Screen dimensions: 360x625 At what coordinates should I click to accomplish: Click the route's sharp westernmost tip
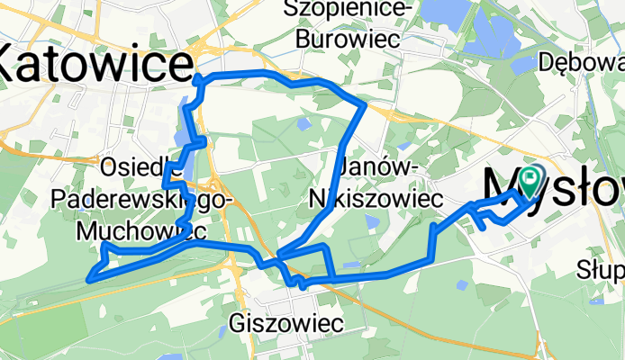click(88, 279)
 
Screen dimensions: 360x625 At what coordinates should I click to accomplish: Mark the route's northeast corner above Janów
click(362, 105)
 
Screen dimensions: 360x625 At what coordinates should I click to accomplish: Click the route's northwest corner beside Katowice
click(197, 78)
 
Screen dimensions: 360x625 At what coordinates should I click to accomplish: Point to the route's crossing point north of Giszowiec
click(279, 257)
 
